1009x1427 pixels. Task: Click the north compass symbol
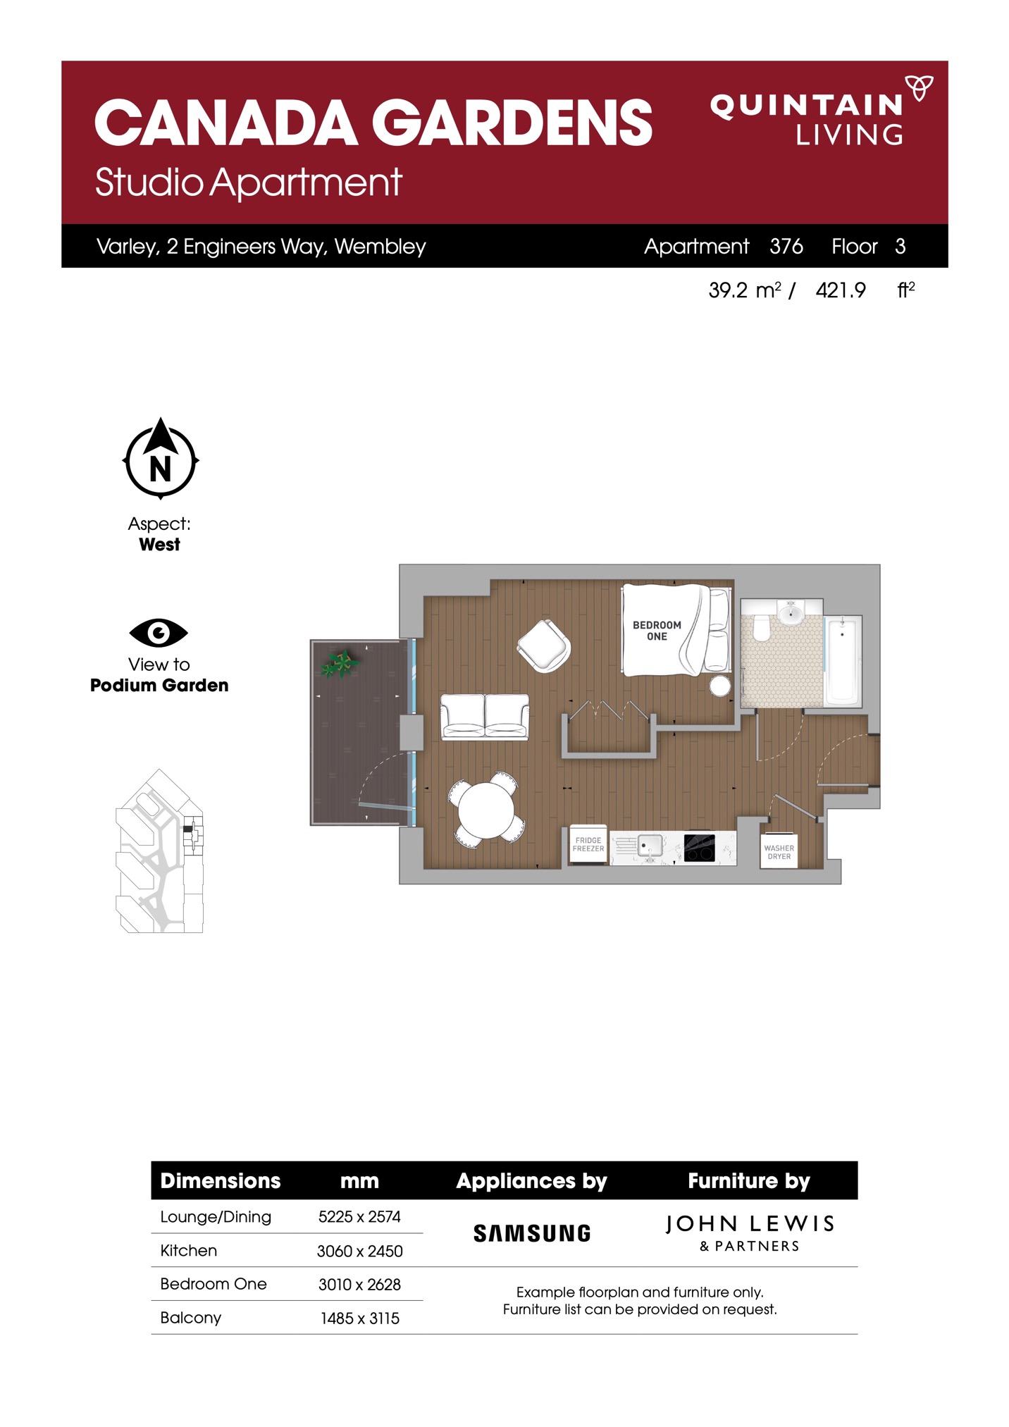tap(161, 459)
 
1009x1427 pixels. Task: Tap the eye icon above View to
tap(159, 633)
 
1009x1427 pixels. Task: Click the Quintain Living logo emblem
tap(919, 88)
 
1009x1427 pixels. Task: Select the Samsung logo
tap(532, 1233)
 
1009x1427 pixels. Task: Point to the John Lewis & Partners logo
tap(750, 1233)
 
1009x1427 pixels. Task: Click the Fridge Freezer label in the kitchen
tap(588, 844)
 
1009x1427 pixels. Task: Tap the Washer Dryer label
tap(779, 853)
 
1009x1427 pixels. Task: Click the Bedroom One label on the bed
tap(657, 631)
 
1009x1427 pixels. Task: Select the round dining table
tap(486, 810)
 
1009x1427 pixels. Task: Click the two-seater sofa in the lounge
tap(485, 717)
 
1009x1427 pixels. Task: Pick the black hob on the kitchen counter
tap(700, 848)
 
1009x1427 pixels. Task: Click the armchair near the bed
tap(544, 645)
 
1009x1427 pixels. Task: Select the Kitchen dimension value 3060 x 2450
tap(360, 1251)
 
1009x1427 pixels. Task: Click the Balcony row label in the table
tap(190, 1318)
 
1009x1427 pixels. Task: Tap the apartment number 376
tap(786, 246)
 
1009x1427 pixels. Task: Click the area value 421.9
tap(841, 290)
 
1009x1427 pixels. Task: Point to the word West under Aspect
tap(159, 545)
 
